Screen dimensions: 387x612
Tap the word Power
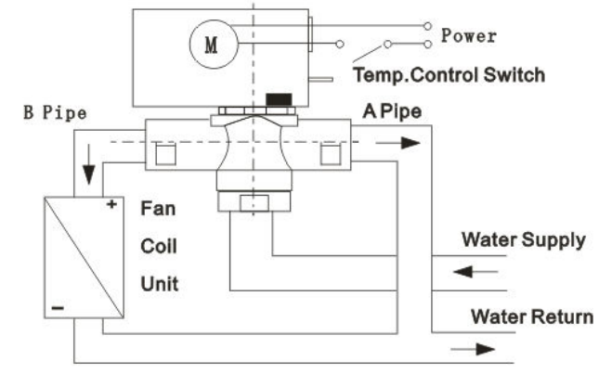(x=468, y=36)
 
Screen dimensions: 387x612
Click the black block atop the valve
(x=276, y=98)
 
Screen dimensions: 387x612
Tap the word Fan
(x=153, y=210)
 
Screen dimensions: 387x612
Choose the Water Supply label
(x=524, y=239)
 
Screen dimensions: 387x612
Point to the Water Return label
(x=530, y=316)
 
